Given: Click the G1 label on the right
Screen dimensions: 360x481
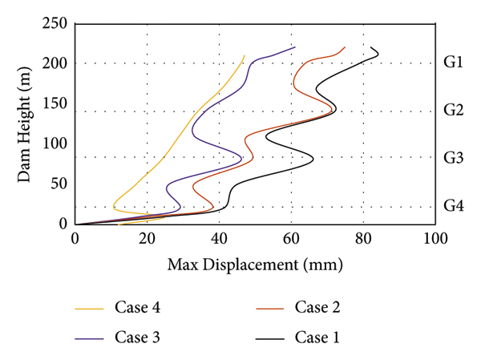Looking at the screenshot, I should point(453,63).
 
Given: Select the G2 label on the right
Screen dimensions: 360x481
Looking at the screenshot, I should point(453,110).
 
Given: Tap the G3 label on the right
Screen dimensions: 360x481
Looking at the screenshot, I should point(453,157).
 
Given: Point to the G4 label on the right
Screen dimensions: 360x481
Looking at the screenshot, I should point(453,206).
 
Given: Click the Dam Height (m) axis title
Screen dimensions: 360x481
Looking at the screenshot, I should point(26,123).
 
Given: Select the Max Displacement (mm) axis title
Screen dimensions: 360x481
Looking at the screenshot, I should point(255,264).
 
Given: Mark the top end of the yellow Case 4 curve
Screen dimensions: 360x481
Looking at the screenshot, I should point(245,55).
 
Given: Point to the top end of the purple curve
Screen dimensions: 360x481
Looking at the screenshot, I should point(295,47).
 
